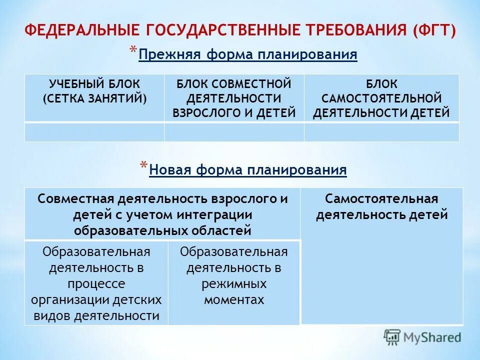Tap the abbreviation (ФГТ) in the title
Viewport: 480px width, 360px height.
click(x=434, y=30)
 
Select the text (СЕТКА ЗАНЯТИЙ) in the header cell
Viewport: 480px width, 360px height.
click(x=94, y=98)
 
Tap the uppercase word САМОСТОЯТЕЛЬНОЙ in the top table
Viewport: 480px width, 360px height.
click(x=381, y=98)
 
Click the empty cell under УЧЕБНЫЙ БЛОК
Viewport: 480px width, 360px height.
click(x=94, y=131)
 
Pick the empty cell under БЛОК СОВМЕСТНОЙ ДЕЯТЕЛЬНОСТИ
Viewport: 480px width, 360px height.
click(x=234, y=131)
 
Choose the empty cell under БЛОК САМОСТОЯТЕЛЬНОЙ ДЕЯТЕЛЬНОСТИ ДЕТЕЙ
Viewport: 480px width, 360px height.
click(x=381, y=131)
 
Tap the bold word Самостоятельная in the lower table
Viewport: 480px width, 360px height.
click(x=381, y=199)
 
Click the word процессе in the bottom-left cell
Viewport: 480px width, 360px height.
click(x=96, y=284)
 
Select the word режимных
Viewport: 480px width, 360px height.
click(x=234, y=284)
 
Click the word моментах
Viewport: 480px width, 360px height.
click(x=234, y=300)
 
